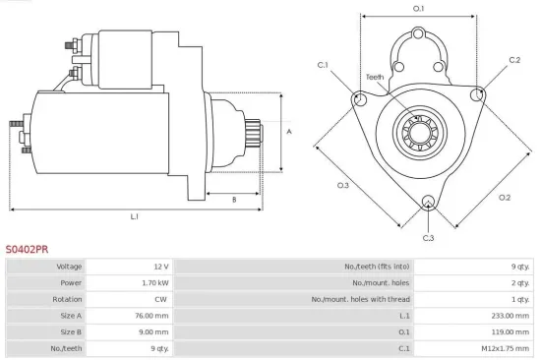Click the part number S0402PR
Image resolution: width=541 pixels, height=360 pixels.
point(27,250)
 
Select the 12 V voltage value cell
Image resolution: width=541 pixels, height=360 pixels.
point(161,267)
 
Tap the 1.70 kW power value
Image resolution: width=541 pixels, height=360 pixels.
point(155,282)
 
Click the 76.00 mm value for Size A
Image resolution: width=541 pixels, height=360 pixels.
point(152,316)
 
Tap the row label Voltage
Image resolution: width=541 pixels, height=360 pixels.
point(69,267)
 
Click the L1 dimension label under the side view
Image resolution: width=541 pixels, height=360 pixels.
point(135,215)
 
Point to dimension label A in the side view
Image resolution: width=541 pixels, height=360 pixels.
point(288,131)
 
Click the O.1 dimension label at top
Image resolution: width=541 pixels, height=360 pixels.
point(418,9)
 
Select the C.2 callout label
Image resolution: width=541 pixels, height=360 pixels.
point(513,60)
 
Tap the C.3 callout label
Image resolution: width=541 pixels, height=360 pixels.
point(428,238)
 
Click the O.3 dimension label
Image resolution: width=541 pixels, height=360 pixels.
point(343,185)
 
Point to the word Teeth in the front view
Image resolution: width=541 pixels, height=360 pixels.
point(375,77)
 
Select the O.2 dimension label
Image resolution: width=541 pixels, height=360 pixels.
point(504,197)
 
